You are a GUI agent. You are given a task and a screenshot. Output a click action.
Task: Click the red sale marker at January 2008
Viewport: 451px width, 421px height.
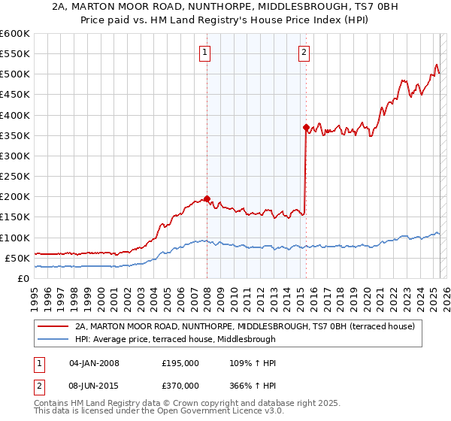point(207,199)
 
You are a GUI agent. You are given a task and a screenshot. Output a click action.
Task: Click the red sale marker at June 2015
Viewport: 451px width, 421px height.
point(306,128)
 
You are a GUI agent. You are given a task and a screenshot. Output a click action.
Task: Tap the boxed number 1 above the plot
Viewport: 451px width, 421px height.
point(204,52)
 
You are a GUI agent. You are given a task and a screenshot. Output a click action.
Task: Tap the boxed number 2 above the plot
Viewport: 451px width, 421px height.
point(304,52)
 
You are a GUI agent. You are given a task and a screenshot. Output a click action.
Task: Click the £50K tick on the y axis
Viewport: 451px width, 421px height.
point(17,258)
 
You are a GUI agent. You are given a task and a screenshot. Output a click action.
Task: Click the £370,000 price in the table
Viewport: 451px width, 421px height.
point(180,387)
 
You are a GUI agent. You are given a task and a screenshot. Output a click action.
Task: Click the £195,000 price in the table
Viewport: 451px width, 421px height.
point(180,363)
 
